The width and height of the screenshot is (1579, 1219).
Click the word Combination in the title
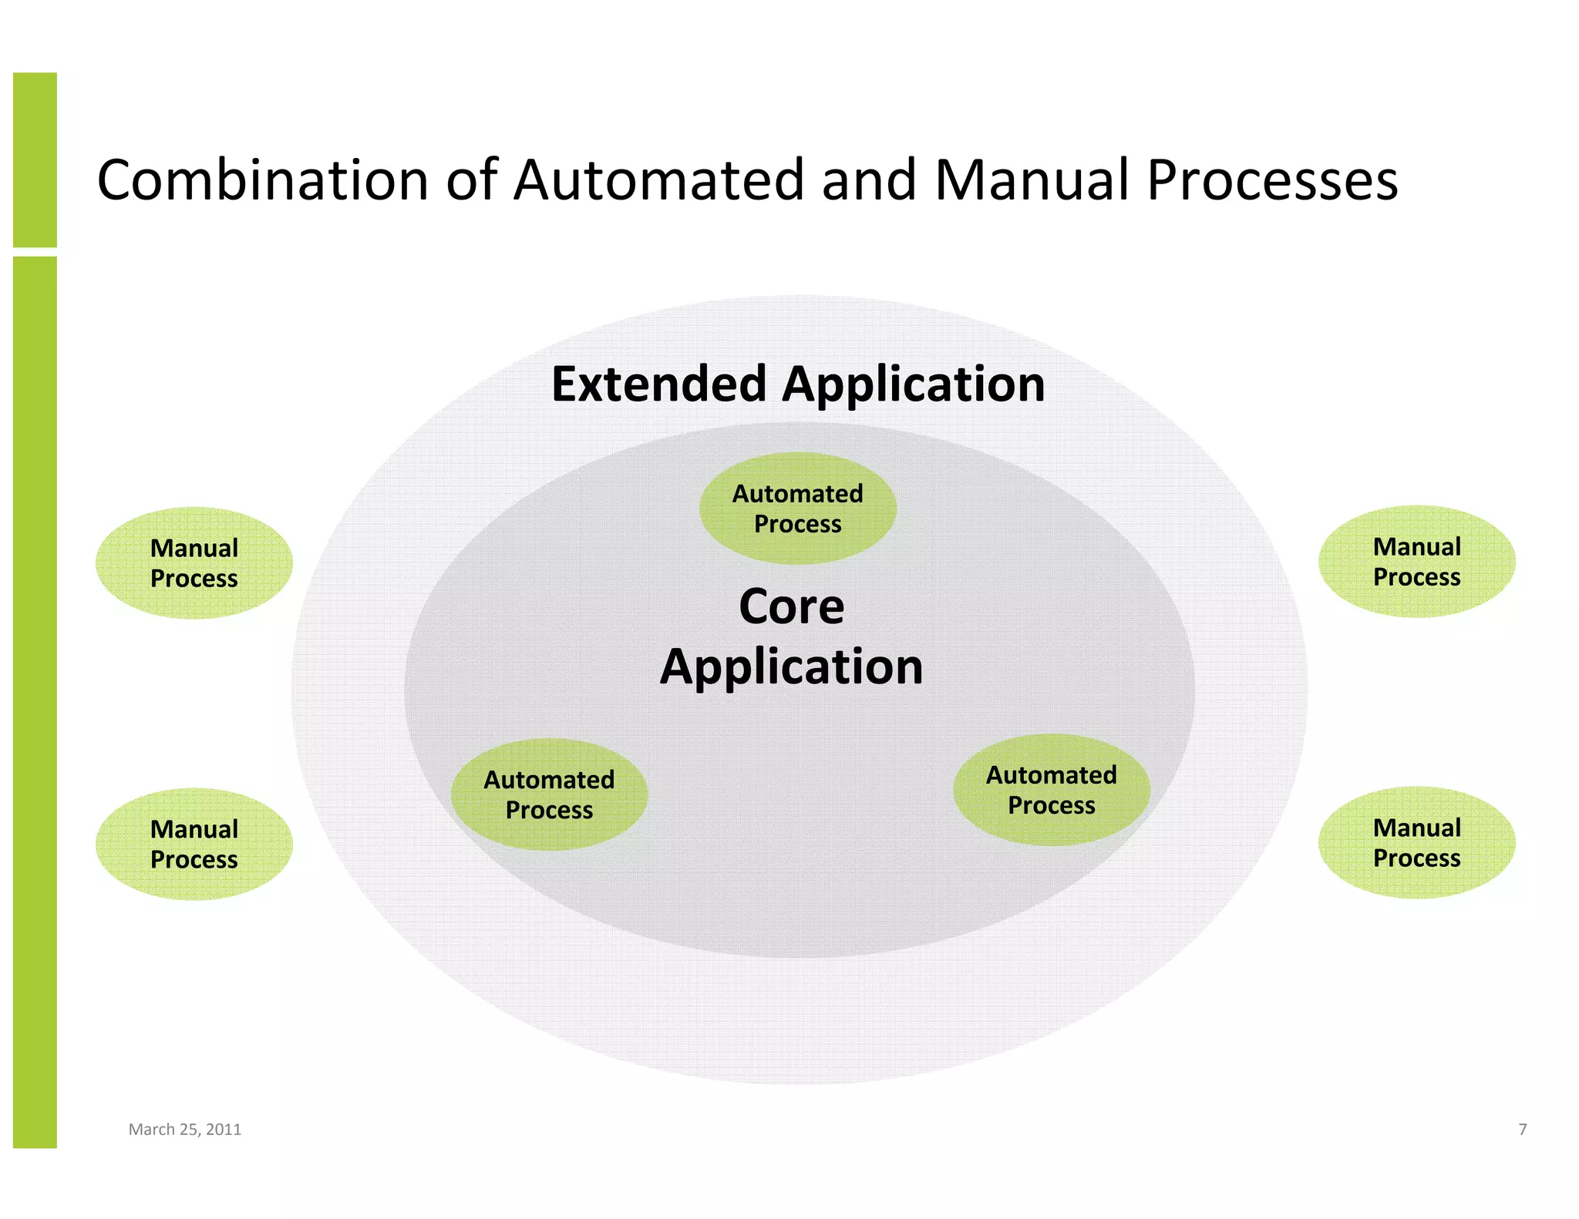pyautogui.click(x=262, y=180)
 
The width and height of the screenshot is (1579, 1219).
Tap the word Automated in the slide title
pyautogui.click(x=659, y=180)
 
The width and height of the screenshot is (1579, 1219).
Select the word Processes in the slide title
pyautogui.click(x=1272, y=180)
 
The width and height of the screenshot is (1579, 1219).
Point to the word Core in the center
pyautogui.click(x=791, y=606)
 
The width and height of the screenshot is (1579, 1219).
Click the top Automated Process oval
pyautogui.click(x=797, y=509)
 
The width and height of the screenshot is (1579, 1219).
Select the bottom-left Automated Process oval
pyautogui.click(x=549, y=794)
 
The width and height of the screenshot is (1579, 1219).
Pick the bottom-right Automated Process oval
pyautogui.click(x=1051, y=790)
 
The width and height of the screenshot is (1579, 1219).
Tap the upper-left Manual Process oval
pyautogui.click(x=194, y=562)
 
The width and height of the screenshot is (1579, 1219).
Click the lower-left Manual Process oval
pyautogui.click(x=194, y=844)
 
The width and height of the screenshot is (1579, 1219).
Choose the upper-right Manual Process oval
pyautogui.click(x=1416, y=561)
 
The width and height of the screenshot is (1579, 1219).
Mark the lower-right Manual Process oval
pyautogui.click(x=1416, y=842)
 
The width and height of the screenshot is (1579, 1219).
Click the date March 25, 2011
pyautogui.click(x=185, y=1129)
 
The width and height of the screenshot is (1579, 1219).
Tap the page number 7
pyautogui.click(x=1522, y=1129)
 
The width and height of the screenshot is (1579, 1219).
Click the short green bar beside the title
pyautogui.click(x=35, y=160)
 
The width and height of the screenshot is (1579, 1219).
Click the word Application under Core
pyautogui.click(x=791, y=667)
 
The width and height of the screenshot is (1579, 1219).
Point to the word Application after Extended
pyautogui.click(x=914, y=384)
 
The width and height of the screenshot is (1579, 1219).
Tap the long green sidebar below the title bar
pyautogui.click(x=35, y=701)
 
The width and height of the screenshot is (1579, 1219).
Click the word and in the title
pyautogui.click(x=869, y=180)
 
